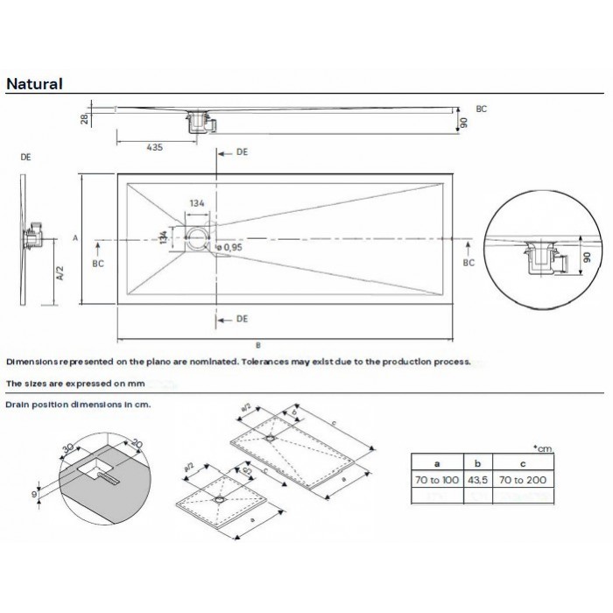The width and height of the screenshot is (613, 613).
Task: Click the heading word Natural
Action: (x=34, y=84)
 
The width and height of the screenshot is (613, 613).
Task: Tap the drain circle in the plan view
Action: (x=199, y=238)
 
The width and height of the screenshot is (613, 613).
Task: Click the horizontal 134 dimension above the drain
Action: (x=197, y=203)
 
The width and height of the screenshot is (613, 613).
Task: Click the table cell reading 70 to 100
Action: (x=437, y=480)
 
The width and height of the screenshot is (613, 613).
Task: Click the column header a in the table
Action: (x=437, y=462)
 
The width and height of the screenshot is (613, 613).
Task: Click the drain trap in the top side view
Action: (x=199, y=121)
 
